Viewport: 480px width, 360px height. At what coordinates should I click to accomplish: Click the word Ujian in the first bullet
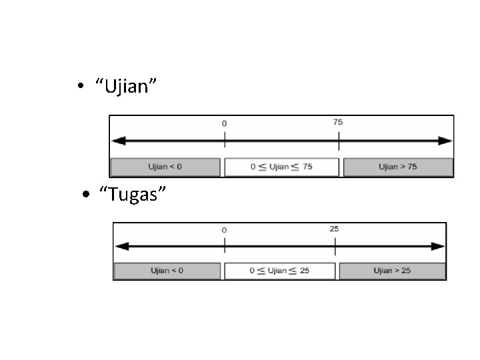(x=126, y=86)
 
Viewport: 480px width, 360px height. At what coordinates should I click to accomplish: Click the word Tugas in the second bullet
(x=133, y=195)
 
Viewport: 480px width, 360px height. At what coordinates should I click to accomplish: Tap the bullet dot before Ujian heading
(x=81, y=85)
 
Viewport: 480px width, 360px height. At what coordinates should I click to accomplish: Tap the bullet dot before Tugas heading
(x=86, y=194)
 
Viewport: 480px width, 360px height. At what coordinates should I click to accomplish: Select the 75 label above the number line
(x=338, y=122)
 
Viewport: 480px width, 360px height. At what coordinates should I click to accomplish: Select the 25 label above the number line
(x=334, y=229)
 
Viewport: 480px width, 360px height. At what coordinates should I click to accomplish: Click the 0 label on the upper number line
(x=225, y=123)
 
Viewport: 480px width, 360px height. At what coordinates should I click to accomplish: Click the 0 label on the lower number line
(x=225, y=230)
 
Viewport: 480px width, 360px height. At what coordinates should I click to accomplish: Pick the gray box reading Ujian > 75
(x=398, y=167)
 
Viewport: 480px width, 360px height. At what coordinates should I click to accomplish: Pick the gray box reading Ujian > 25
(x=392, y=271)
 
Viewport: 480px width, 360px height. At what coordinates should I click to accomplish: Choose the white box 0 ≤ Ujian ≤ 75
(x=281, y=167)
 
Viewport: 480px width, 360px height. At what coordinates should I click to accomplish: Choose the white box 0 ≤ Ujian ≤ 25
(x=280, y=271)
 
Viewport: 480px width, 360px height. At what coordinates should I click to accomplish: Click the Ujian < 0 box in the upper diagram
(x=165, y=167)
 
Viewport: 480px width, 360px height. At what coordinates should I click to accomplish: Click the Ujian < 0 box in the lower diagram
(x=167, y=271)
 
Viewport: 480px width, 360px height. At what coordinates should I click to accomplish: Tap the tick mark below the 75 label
(x=339, y=141)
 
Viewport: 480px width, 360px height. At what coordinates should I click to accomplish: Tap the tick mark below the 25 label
(x=335, y=247)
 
